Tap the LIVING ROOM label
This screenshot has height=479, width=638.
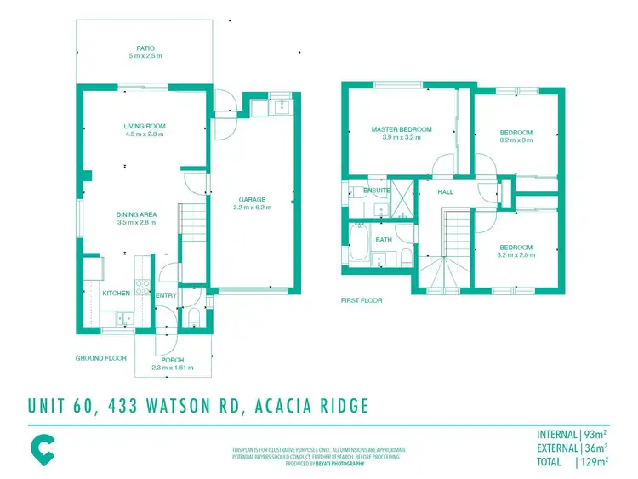(145, 126)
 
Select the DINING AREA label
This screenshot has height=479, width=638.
(137, 214)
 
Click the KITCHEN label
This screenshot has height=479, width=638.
(117, 293)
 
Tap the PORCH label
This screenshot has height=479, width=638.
(173, 360)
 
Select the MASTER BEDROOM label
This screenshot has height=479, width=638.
(402, 129)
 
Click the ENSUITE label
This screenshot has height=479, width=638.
(377, 191)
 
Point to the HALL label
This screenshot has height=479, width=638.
(446, 192)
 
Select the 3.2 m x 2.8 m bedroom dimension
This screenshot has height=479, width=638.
(516, 254)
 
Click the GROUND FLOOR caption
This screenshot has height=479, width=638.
(101, 358)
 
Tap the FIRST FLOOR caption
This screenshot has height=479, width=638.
(362, 300)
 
